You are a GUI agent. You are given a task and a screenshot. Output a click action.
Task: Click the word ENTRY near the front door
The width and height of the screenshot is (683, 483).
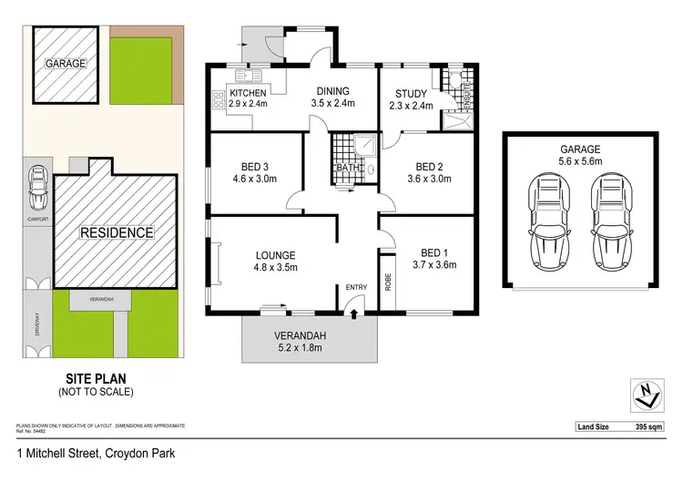pyautogui.click(x=355, y=288)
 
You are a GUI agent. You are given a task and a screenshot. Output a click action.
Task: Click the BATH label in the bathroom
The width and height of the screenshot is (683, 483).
pyautogui.click(x=348, y=168)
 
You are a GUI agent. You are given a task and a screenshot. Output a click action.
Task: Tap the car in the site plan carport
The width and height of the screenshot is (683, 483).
pyautogui.click(x=36, y=190)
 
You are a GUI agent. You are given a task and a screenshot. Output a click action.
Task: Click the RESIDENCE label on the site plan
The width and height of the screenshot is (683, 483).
pyautogui.click(x=116, y=232)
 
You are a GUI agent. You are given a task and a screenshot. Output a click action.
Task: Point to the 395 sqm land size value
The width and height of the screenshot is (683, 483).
pyautogui.click(x=655, y=426)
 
